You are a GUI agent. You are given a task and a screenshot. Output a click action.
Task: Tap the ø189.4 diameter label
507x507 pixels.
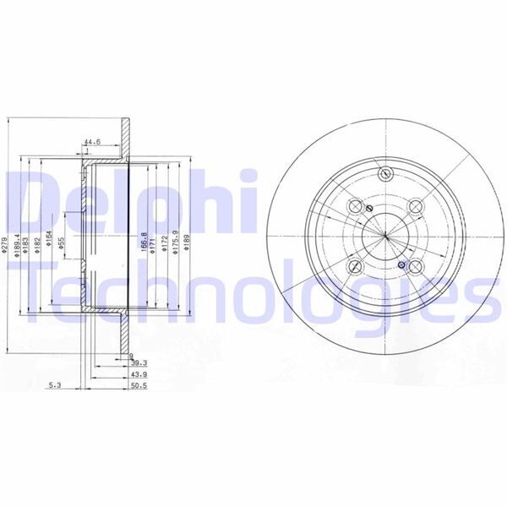point(17,244)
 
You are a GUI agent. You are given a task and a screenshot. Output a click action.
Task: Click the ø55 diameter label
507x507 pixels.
point(62,243)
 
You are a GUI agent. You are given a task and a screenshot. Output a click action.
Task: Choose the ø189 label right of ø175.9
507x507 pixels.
point(187,245)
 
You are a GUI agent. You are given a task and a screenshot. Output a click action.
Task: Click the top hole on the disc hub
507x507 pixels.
point(386,175)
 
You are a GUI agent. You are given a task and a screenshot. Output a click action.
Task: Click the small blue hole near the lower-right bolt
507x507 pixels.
point(401,265)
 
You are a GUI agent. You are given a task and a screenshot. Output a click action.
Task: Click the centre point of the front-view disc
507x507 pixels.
point(384,237)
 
